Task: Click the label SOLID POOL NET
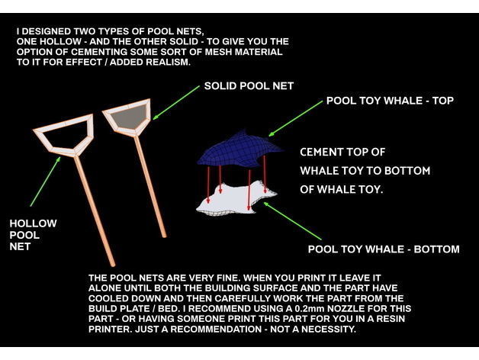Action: tap(249, 87)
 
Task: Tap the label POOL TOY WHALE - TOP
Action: tap(390, 100)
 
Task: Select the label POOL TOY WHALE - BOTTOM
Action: tap(383, 249)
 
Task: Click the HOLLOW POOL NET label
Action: tap(33, 235)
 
